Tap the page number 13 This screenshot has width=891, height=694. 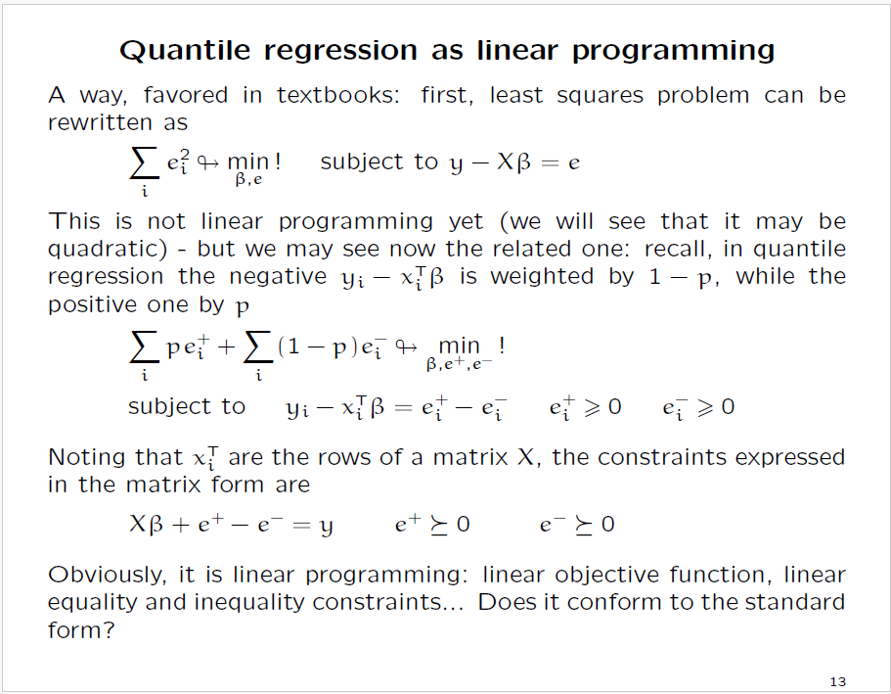(x=836, y=681)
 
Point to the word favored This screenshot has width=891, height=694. (x=185, y=96)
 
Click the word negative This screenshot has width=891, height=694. (x=264, y=277)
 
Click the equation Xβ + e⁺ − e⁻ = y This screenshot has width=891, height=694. (x=231, y=525)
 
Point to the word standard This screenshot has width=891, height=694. (x=792, y=602)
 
